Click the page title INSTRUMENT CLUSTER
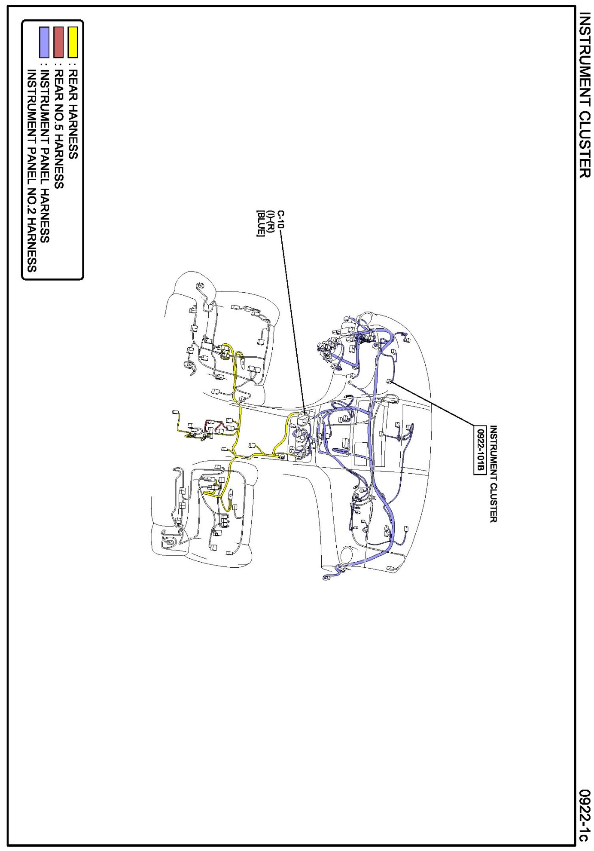click(x=585, y=95)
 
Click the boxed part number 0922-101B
click(x=480, y=449)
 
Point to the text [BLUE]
click(x=260, y=223)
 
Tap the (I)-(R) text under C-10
click(x=270, y=222)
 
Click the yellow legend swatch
click(x=73, y=42)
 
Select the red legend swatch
click(x=58, y=42)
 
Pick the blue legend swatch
click(x=44, y=42)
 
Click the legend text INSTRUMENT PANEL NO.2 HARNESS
click(x=31, y=171)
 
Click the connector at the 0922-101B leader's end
click(x=390, y=381)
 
